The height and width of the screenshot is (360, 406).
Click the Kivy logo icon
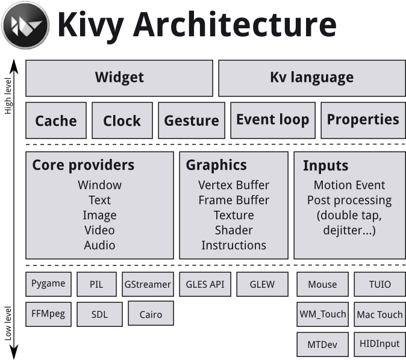click(25, 26)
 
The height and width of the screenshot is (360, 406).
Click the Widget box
click(119, 78)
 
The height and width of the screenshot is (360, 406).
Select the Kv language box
click(311, 78)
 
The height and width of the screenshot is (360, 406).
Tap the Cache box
click(56, 120)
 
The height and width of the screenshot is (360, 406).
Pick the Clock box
click(122, 120)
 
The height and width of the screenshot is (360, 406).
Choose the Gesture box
click(192, 120)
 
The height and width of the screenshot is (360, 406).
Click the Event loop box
click(272, 120)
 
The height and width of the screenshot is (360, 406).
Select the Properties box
click(363, 120)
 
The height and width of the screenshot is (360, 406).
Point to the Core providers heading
click(83, 165)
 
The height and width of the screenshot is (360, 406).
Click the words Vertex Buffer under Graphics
click(234, 185)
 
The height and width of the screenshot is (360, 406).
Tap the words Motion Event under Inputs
click(349, 185)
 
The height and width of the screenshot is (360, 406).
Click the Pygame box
click(49, 284)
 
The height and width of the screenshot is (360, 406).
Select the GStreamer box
click(147, 284)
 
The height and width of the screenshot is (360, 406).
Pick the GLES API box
click(204, 284)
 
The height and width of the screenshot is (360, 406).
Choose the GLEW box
click(262, 284)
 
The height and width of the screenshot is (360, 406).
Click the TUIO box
click(379, 284)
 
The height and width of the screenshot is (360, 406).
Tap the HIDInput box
click(379, 344)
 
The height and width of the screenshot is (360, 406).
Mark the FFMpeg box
click(49, 313)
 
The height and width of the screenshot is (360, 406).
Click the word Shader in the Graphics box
click(234, 230)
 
